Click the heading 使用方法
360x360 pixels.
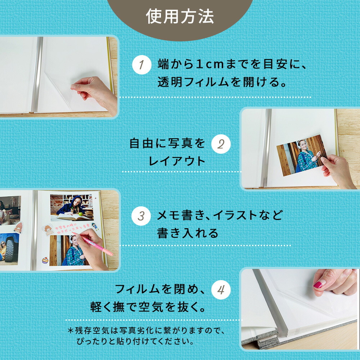click(x=180, y=17)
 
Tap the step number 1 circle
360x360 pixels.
click(x=141, y=65)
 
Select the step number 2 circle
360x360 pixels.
click(x=221, y=144)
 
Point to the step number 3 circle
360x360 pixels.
click(x=141, y=216)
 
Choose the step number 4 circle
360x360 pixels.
click(x=221, y=290)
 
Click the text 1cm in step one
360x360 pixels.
click(x=210, y=64)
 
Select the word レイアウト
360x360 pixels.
click(x=177, y=161)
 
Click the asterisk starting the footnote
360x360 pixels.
click(x=71, y=330)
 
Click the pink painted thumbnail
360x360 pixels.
click(x=318, y=284)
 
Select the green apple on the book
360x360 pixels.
click(x=80, y=214)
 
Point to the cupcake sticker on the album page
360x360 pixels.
click(x=45, y=260)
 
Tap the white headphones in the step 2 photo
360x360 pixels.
click(x=301, y=145)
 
